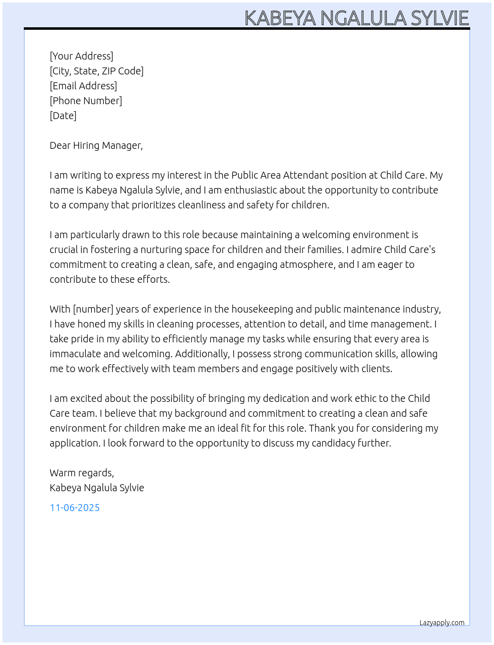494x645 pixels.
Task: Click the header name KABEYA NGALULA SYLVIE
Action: click(357, 18)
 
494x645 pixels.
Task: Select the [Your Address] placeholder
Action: click(81, 56)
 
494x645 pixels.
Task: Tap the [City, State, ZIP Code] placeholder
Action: click(97, 71)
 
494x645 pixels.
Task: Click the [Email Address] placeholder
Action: click(83, 86)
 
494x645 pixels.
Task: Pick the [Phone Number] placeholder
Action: click(86, 101)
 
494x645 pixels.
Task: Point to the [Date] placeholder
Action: click(63, 116)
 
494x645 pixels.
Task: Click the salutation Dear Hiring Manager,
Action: click(96, 145)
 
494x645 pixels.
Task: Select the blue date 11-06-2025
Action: click(75, 508)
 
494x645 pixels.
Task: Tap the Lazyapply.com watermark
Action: click(442, 623)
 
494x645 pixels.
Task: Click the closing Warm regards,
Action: click(82, 473)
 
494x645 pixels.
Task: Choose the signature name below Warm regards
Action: click(97, 488)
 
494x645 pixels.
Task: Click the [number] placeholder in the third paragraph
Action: click(93, 309)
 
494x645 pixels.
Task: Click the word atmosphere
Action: click(306, 264)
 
